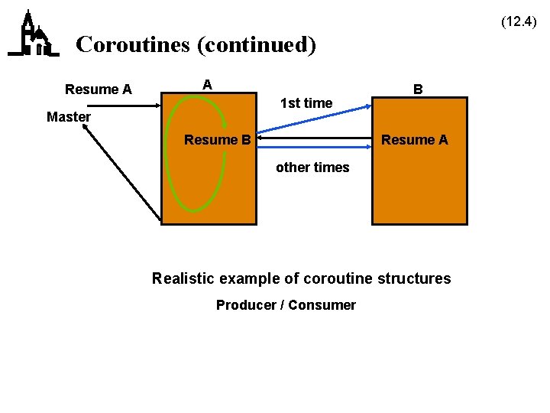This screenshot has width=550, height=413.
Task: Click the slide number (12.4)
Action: (519, 22)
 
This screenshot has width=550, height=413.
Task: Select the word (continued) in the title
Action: (257, 44)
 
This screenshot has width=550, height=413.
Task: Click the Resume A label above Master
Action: (99, 89)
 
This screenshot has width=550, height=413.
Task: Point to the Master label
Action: (69, 117)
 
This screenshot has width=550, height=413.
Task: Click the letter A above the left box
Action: (207, 84)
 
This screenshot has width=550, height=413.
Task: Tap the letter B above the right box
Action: (418, 89)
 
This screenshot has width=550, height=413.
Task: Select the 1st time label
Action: (306, 102)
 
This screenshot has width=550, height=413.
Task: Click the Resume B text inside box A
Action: (218, 140)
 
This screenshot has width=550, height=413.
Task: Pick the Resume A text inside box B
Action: (415, 140)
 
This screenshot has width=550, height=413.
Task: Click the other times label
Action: (312, 167)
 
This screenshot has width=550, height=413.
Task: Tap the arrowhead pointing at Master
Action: (88, 129)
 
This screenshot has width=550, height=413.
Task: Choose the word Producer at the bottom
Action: (246, 305)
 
